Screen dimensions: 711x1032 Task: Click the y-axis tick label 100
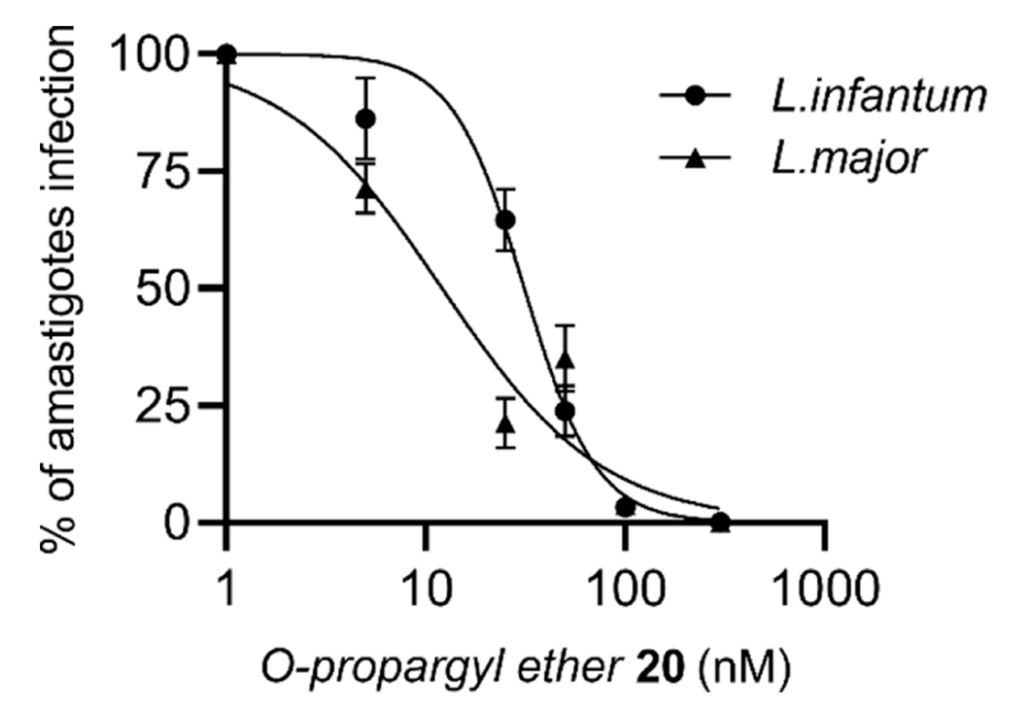tap(156, 54)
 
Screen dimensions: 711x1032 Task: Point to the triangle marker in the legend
tap(696, 159)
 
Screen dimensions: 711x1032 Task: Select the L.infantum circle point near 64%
tap(505, 221)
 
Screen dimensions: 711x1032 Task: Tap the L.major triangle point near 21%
tap(505, 420)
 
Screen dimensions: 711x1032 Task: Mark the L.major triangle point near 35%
tap(566, 358)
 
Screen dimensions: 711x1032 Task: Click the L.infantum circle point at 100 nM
tap(625, 506)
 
